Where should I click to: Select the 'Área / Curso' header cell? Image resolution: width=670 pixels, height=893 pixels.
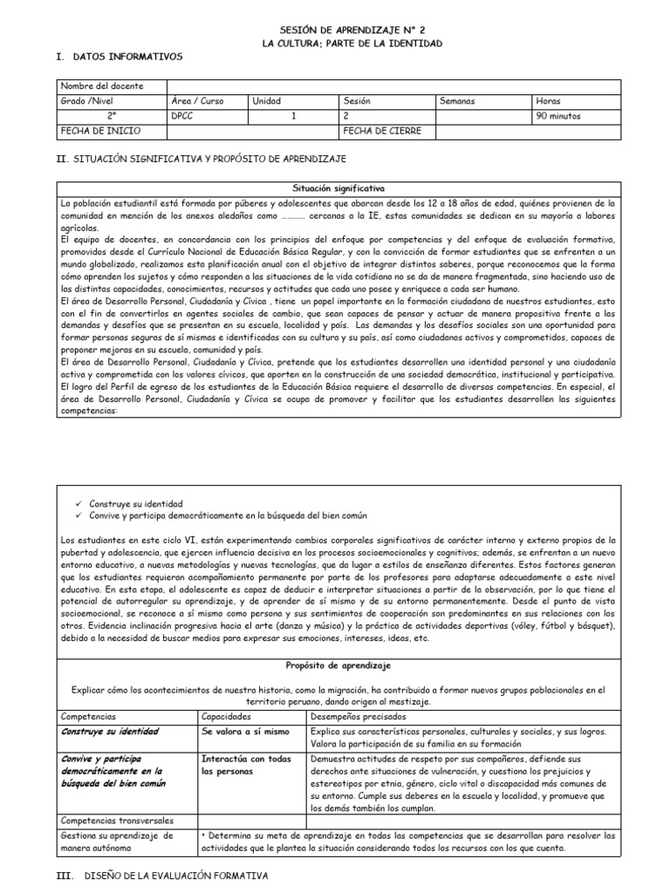click(x=198, y=101)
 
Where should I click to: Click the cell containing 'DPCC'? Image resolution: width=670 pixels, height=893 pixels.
click(x=183, y=116)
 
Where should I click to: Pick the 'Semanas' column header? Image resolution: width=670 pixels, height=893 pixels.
click(x=458, y=101)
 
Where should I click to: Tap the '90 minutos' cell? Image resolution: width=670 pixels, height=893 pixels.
click(x=558, y=116)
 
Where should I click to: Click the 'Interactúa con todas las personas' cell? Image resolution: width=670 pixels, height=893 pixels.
click(x=246, y=766)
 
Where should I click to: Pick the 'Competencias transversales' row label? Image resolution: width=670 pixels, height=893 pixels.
click(x=117, y=821)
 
